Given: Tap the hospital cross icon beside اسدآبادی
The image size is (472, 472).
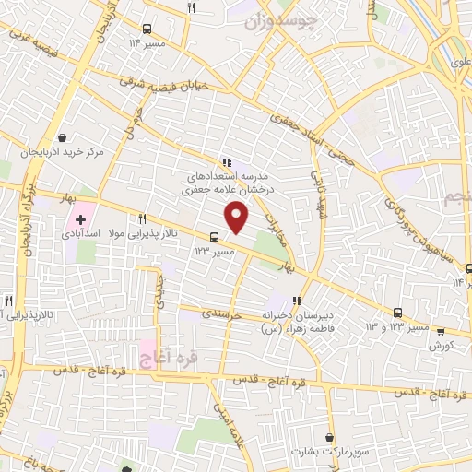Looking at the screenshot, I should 81,220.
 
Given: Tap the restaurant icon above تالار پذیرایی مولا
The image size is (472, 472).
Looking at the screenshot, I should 142,219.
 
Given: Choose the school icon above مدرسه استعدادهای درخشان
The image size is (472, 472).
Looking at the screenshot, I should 228,162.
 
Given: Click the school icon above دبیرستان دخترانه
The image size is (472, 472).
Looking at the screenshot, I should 296,301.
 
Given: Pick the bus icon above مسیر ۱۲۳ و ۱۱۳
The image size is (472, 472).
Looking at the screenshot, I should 397,313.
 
